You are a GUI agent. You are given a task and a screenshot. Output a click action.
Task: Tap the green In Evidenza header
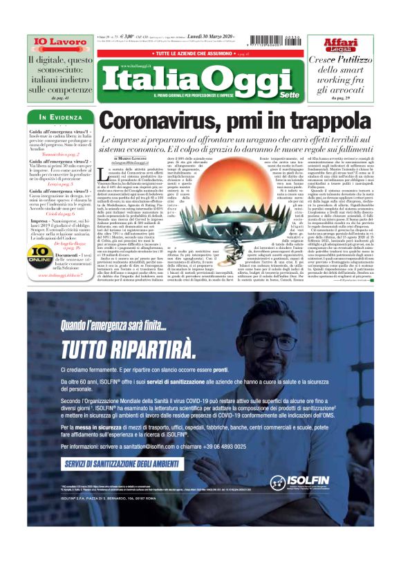click(x=62, y=117)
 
